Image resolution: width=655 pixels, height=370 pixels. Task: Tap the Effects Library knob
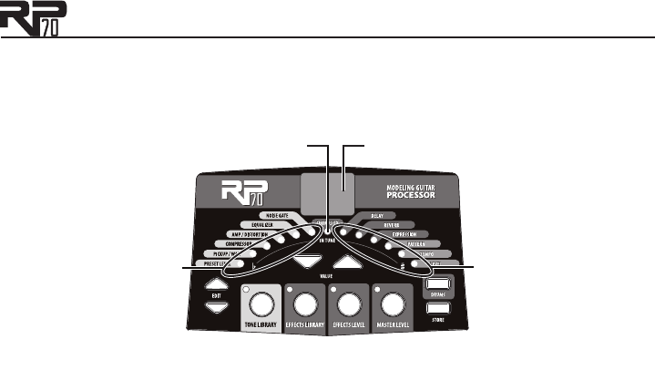tap(307, 303)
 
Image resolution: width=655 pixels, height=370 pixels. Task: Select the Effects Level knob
tap(349, 303)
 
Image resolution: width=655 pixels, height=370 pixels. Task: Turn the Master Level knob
tap(393, 303)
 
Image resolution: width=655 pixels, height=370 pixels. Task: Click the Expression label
tap(406, 234)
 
